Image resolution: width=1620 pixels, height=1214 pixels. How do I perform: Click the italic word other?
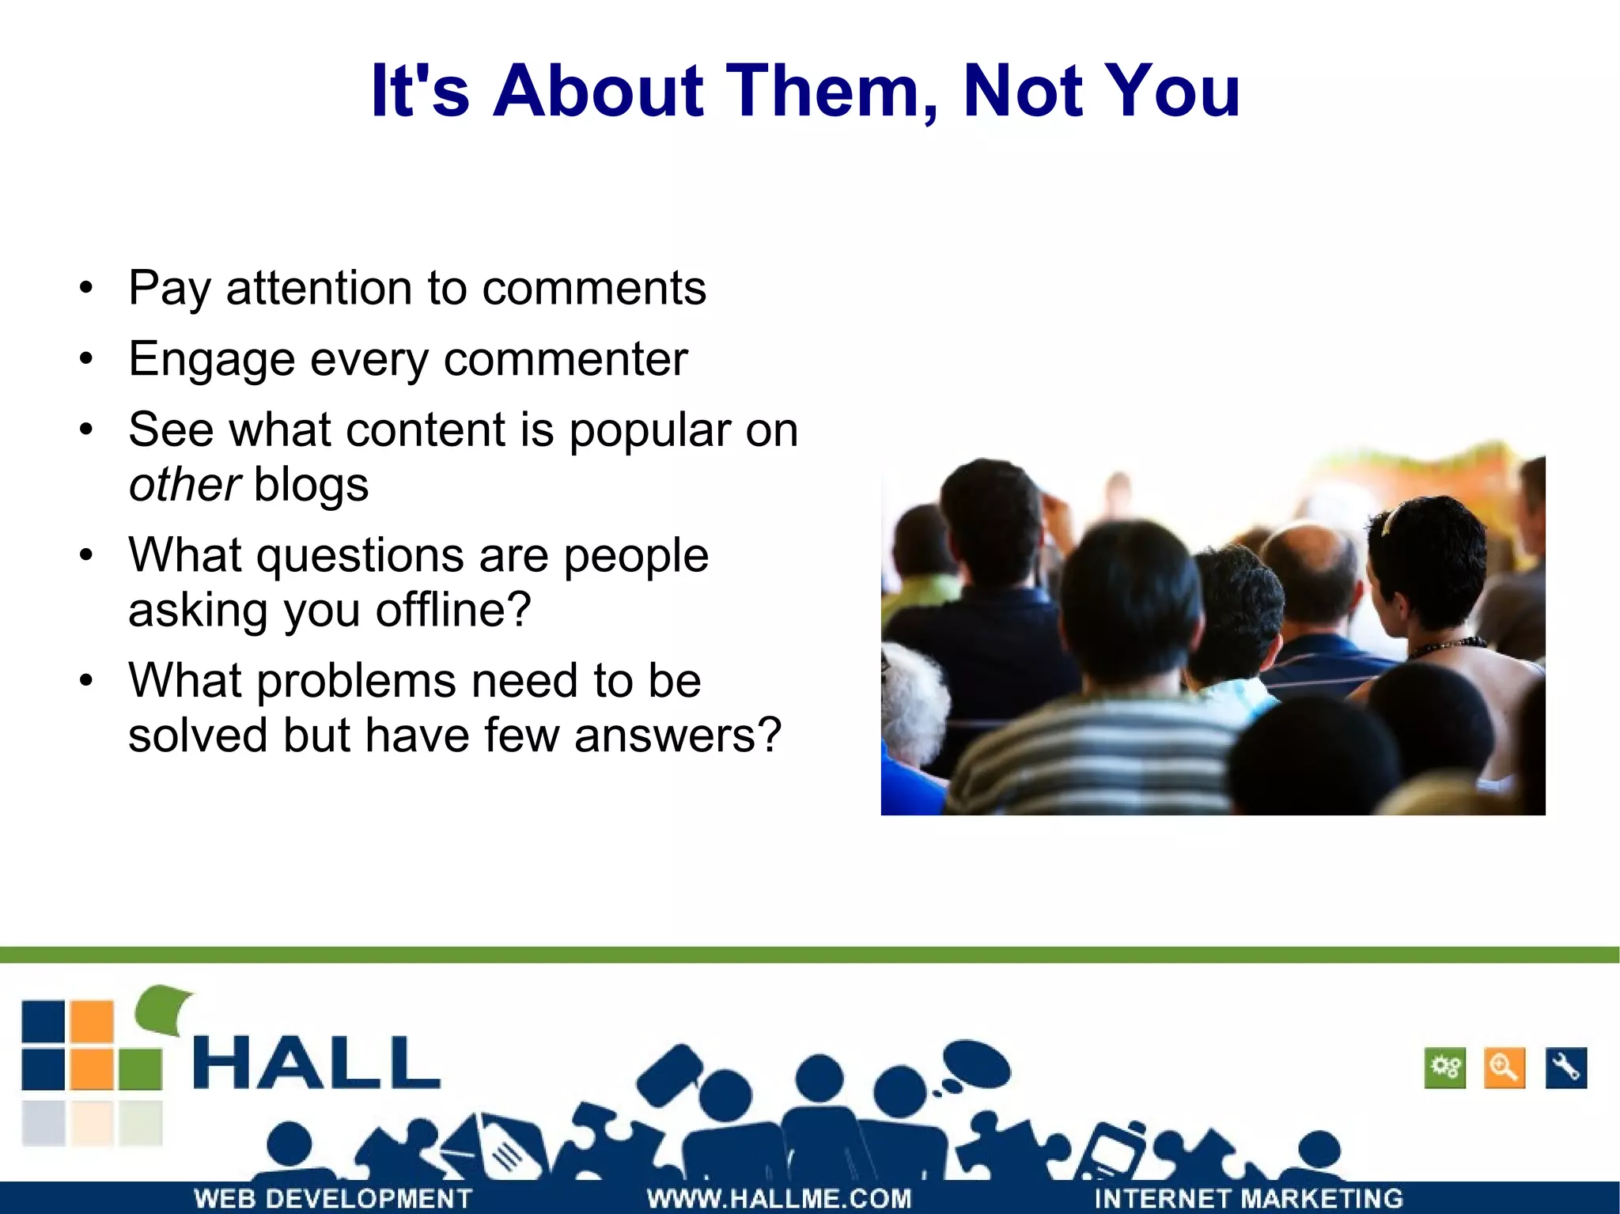[x=184, y=484]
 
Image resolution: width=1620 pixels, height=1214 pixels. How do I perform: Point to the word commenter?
[x=565, y=359]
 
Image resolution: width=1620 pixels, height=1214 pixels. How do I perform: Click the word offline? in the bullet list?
[x=452, y=610]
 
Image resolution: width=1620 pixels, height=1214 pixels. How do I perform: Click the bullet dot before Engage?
[x=86, y=360]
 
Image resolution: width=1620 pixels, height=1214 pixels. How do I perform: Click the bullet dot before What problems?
[x=86, y=680]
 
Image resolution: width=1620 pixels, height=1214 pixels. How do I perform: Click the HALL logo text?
[x=316, y=1063]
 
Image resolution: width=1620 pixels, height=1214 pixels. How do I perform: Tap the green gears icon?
[x=1444, y=1068]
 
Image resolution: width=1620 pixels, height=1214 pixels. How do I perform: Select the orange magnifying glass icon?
[x=1504, y=1068]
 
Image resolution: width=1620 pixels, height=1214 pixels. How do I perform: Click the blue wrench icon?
[x=1565, y=1068]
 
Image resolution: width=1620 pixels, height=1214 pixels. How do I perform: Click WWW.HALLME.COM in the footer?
[x=779, y=1198]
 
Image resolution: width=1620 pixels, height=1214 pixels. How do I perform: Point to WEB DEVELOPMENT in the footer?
[x=333, y=1198]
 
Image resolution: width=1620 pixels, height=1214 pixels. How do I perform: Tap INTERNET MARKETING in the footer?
[x=1248, y=1198]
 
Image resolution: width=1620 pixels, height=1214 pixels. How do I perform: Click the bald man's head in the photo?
[x=1309, y=565]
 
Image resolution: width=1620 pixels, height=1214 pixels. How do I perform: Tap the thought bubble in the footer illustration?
[x=977, y=1065]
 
